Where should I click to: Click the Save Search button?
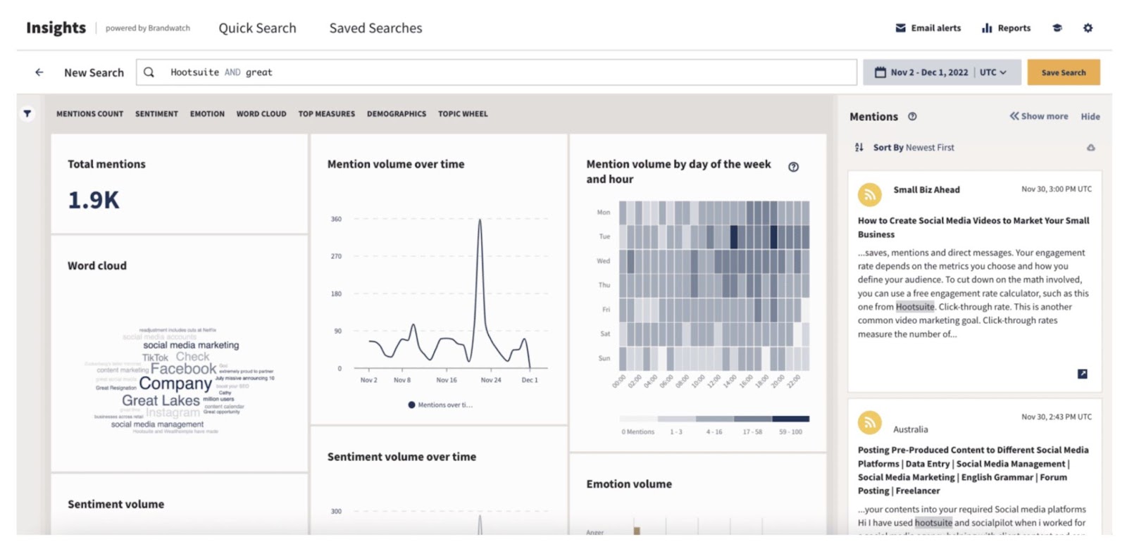coord(1063,72)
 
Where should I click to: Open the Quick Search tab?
coord(257,28)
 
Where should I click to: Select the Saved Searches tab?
coord(375,28)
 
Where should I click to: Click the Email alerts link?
coord(928,28)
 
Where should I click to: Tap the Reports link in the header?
coord(1006,28)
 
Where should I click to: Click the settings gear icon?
coord(1088,28)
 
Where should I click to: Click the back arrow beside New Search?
coord(39,72)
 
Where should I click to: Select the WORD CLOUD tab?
coord(261,113)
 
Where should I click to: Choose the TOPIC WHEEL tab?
coord(463,113)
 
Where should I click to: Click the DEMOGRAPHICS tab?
coord(397,113)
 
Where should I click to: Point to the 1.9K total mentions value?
coord(94,200)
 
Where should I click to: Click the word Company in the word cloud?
coord(175,384)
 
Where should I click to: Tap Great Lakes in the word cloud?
coord(161,400)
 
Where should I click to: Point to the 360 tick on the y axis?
coord(336,219)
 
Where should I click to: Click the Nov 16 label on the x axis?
coord(447,380)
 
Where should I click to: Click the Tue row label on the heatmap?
coord(604,236)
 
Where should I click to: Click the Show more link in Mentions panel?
coord(1039,116)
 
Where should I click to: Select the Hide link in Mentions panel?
coord(1090,116)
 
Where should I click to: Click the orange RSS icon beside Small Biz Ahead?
coord(870,194)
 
